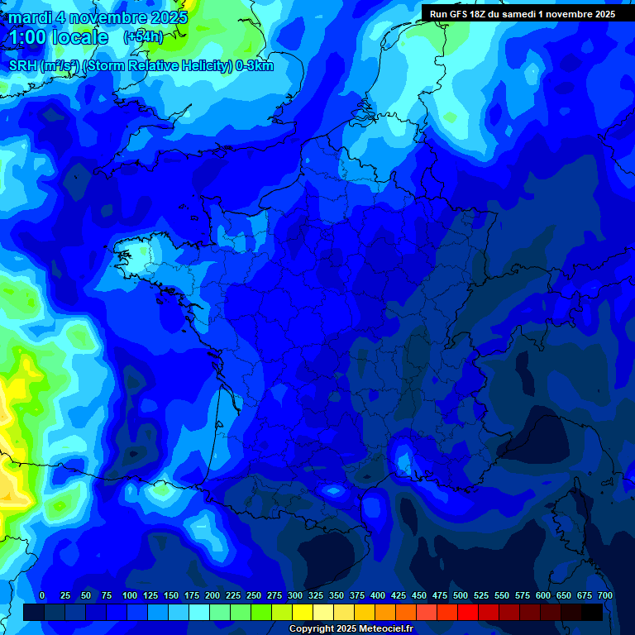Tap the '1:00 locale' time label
pyautogui.click(x=58, y=37)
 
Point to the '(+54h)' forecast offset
pyautogui.click(x=143, y=37)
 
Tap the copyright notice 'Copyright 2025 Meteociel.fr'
pyautogui.click(x=351, y=629)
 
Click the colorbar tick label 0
pyautogui.click(x=42, y=595)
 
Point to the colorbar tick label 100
pyautogui.click(x=129, y=595)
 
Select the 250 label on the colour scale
pyautogui.click(x=254, y=595)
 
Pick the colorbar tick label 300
pyautogui.click(x=295, y=595)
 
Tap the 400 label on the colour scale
pyautogui.click(x=378, y=595)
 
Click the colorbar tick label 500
pyautogui.click(x=461, y=595)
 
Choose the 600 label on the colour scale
pyautogui.click(x=543, y=595)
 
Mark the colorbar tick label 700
pyautogui.click(x=605, y=595)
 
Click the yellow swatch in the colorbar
pyautogui.click(x=303, y=612)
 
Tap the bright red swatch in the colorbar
pyautogui.click(x=468, y=612)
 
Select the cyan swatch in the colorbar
pyautogui.click(x=199, y=612)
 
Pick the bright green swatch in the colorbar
pyautogui.click(x=261, y=612)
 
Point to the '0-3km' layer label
pyautogui.click(x=255, y=66)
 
